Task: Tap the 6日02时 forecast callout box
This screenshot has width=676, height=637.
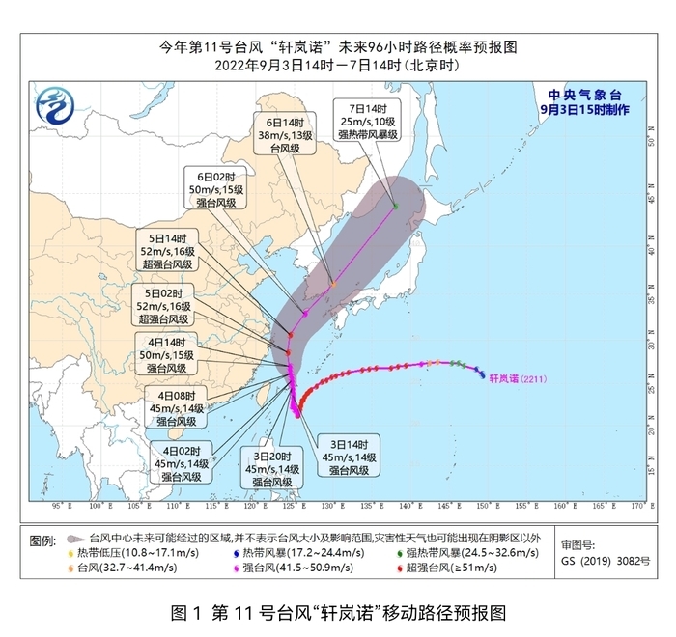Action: pyautogui.click(x=216, y=186)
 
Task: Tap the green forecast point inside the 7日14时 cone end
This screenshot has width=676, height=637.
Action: pyautogui.click(x=395, y=206)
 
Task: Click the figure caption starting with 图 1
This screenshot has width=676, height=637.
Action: pyautogui.click(x=338, y=611)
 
